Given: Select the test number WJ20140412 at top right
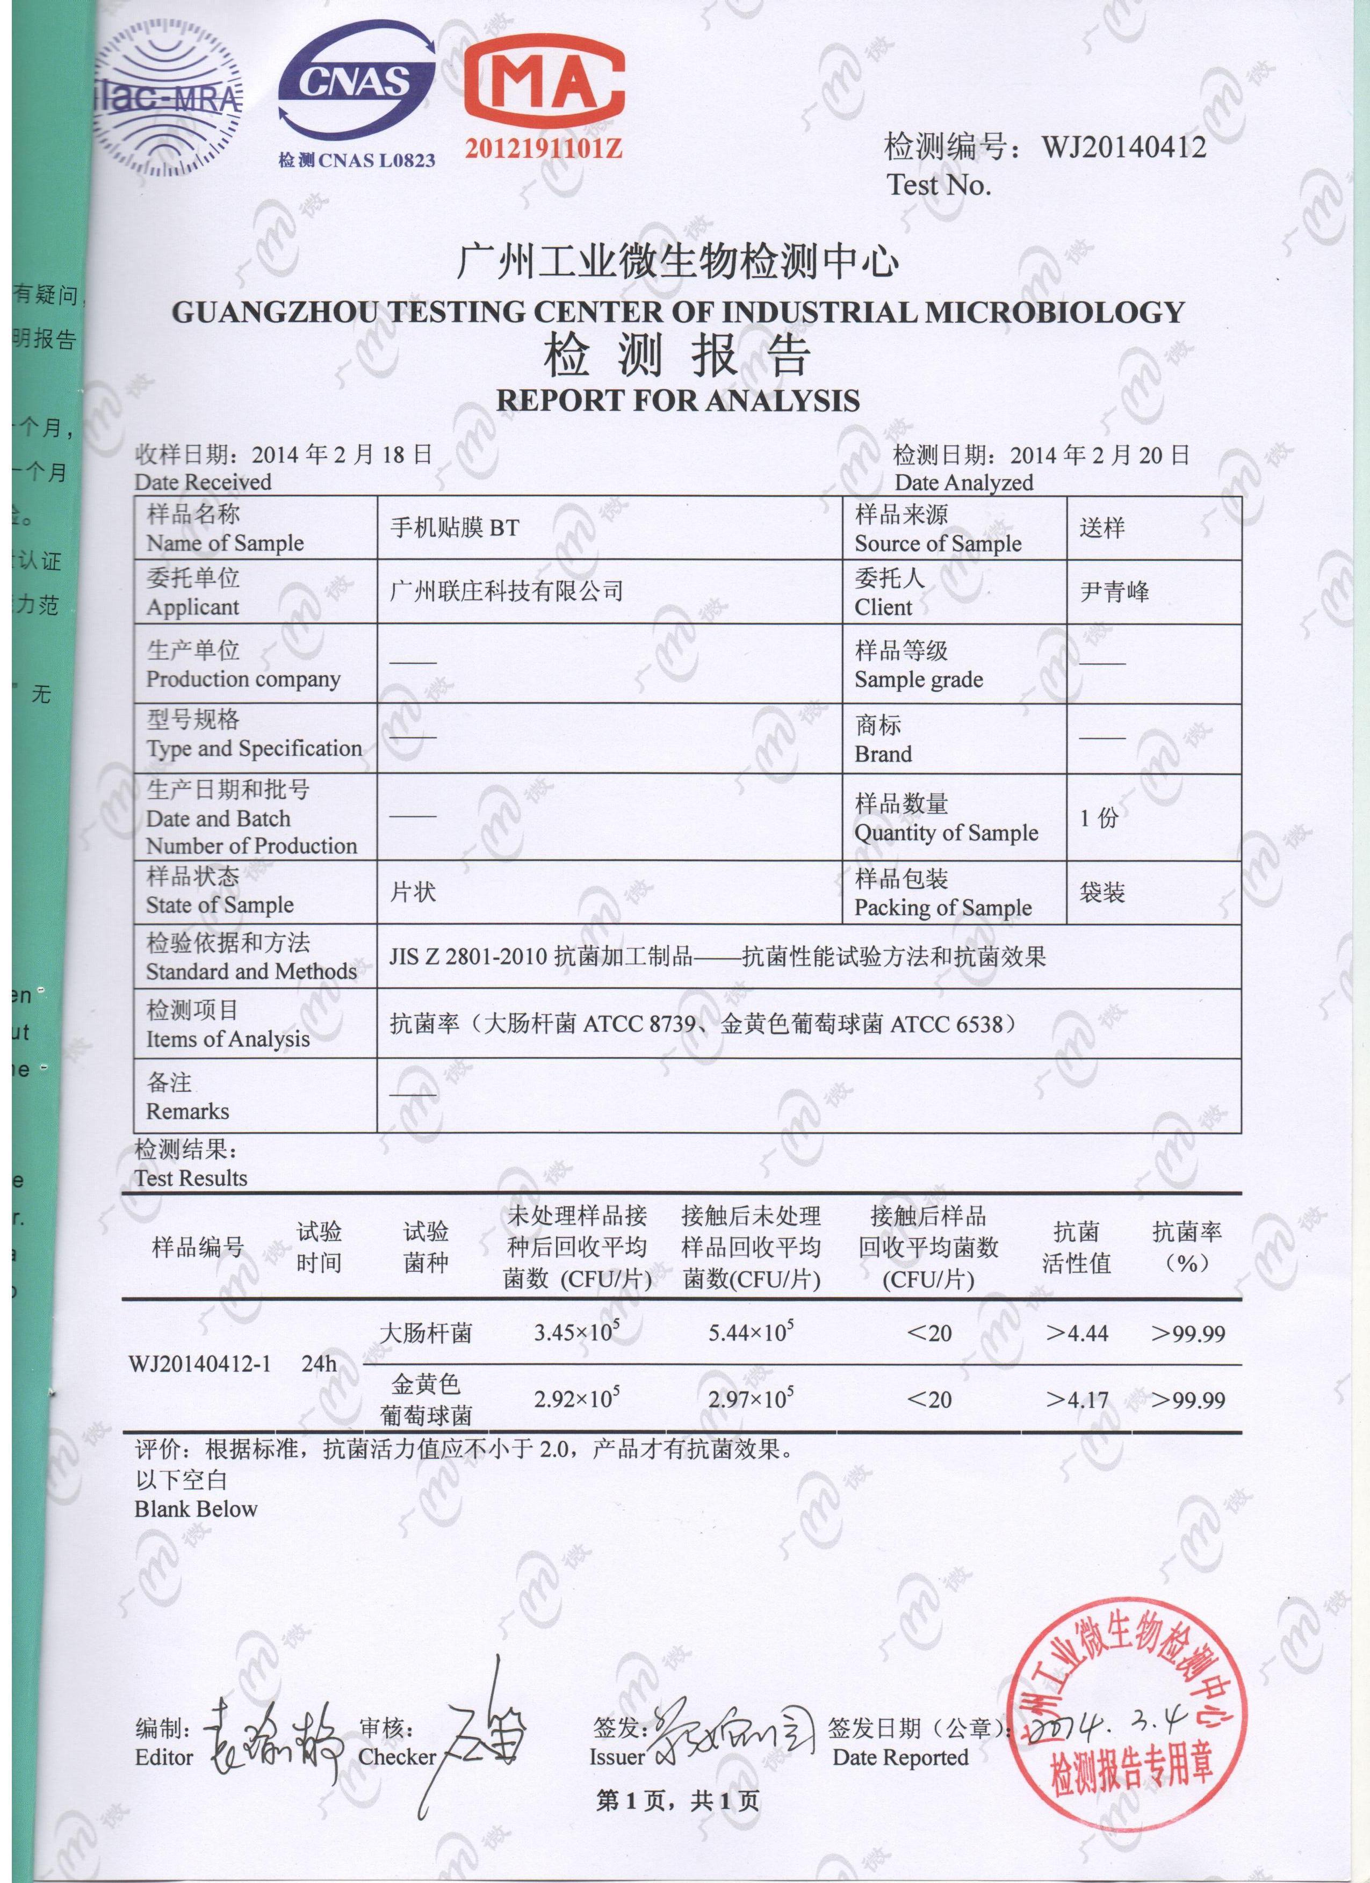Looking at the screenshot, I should click(x=1123, y=148).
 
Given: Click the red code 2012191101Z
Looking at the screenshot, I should click(x=544, y=149).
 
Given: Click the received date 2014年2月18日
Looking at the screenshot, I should click(x=342, y=454).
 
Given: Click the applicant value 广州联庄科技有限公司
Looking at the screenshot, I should click(x=507, y=591).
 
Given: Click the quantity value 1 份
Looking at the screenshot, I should click(x=1099, y=818).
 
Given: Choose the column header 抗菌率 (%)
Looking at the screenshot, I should click(x=1186, y=1247).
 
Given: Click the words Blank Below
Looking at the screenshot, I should click(x=196, y=1509).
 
